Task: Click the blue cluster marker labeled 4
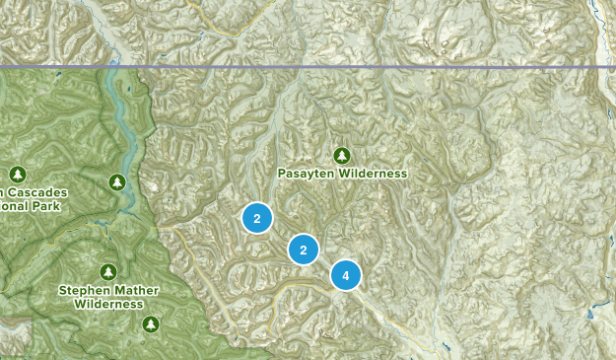pos(346,275)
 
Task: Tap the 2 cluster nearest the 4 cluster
pos(304,250)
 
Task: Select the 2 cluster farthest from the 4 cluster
pos(257,218)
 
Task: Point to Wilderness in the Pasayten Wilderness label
pos(373,174)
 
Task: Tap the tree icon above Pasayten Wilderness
pos(342,155)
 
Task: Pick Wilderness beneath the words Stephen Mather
pos(107,305)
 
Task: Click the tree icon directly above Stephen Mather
pos(107,271)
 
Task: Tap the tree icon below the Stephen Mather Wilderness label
pos(151,324)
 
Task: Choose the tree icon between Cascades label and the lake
pos(115,182)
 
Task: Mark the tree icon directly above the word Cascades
pos(18,175)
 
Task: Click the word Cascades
pos(30,193)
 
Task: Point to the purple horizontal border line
pos(394,67)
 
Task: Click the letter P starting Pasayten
pos(281,174)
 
